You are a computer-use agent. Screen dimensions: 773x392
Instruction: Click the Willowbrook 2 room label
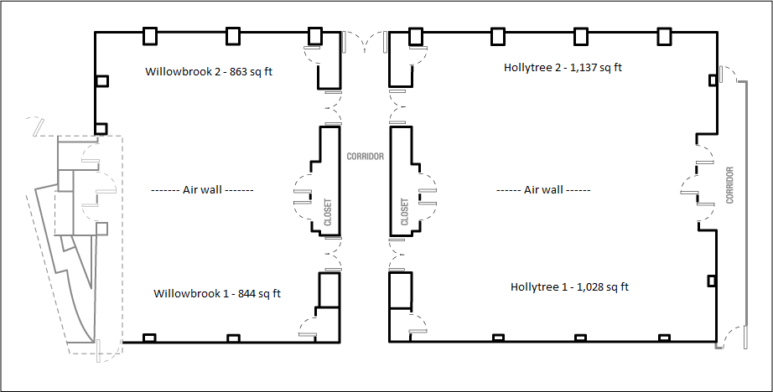209,71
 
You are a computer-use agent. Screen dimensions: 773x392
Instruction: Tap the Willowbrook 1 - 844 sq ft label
217,293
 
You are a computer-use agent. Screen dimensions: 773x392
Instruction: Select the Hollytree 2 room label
563,68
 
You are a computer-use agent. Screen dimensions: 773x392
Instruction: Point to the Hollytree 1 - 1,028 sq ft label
569,286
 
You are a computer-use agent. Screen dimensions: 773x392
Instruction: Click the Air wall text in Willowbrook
202,189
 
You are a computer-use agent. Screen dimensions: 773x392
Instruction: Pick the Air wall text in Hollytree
543,189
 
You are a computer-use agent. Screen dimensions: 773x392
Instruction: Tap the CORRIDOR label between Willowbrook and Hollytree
365,157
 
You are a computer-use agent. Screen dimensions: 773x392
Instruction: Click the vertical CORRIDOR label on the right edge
729,185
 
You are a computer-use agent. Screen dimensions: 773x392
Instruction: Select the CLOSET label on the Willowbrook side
328,212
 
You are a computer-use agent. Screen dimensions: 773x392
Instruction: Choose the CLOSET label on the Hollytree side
405,212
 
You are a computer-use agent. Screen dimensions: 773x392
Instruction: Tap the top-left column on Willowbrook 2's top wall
150,36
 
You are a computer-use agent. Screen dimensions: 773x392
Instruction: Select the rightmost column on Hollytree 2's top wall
665,36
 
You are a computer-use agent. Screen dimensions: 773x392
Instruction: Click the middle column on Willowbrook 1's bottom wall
233,338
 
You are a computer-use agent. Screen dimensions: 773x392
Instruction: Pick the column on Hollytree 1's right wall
712,281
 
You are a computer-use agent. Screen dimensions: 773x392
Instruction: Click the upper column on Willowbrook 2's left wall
102,81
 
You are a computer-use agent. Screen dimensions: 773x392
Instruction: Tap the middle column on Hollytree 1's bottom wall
581,338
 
